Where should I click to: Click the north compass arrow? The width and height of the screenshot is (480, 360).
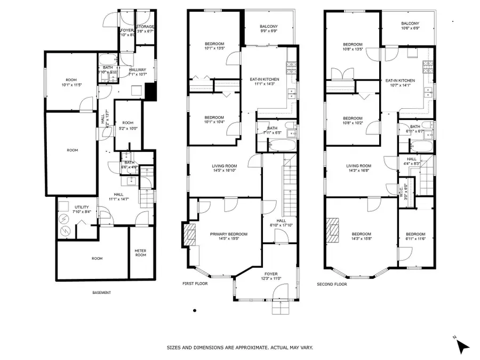(x=463, y=347)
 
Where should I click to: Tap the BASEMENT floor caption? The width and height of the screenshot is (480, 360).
(x=101, y=292)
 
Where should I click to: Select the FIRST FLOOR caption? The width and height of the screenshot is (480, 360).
(x=195, y=284)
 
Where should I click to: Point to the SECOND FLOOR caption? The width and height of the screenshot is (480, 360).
(x=332, y=284)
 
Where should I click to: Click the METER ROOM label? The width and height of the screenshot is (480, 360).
(x=140, y=253)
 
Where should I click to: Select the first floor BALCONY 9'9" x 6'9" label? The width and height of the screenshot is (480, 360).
(x=269, y=29)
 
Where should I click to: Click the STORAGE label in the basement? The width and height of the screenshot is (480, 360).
(x=145, y=29)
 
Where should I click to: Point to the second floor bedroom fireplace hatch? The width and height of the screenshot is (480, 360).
(x=334, y=227)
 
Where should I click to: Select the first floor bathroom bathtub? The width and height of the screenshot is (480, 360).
(x=272, y=144)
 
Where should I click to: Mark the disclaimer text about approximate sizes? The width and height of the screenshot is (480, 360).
(x=240, y=347)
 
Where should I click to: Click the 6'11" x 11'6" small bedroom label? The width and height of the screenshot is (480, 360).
(x=415, y=237)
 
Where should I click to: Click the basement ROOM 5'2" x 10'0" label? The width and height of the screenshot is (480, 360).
(x=127, y=125)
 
